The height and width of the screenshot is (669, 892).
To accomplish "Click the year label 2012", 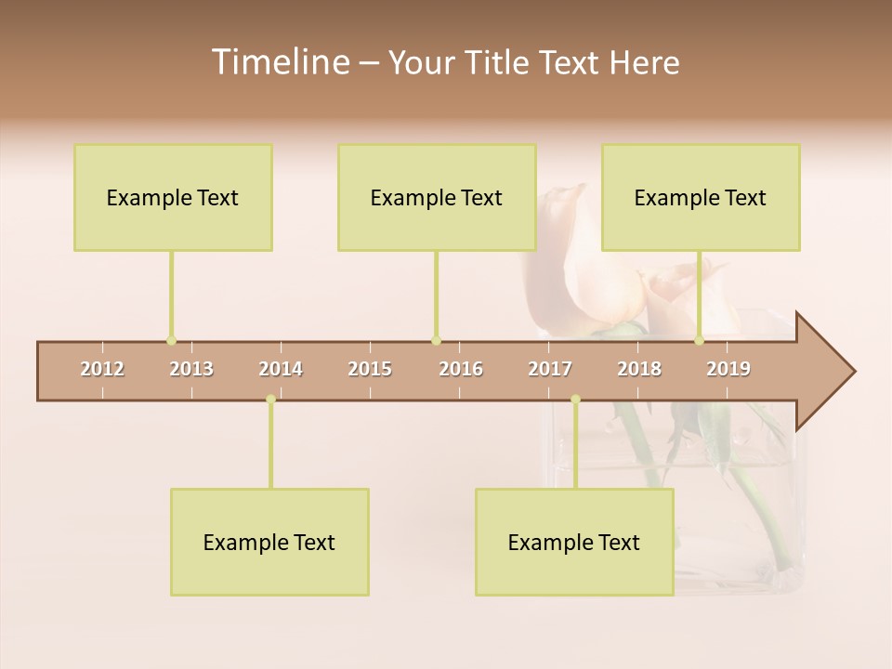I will click(102, 369).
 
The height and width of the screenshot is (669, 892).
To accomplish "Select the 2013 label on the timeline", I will click(191, 369).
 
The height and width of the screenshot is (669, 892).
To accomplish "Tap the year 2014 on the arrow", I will click(281, 369).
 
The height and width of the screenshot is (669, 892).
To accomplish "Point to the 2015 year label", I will click(370, 369).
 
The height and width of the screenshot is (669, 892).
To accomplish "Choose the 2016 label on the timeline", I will click(461, 369).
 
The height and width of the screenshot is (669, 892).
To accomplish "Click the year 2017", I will click(550, 369).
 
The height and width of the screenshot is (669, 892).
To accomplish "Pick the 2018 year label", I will click(639, 369).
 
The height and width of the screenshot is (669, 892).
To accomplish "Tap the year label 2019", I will click(728, 369).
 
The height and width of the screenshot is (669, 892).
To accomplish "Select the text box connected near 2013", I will click(173, 197).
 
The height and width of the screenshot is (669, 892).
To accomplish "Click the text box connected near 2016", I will click(437, 197).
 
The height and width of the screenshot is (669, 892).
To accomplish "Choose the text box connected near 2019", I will click(701, 197).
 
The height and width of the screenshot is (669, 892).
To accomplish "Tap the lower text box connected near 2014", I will click(269, 542).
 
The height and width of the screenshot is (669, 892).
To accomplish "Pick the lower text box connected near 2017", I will click(574, 542).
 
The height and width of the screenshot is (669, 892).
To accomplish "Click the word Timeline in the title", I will click(279, 62).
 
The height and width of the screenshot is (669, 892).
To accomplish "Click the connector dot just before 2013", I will click(171, 340).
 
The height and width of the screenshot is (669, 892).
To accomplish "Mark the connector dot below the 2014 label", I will click(270, 400).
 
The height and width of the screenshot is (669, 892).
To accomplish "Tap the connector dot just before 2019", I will click(699, 340).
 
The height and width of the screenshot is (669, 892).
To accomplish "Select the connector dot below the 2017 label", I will click(575, 400).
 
